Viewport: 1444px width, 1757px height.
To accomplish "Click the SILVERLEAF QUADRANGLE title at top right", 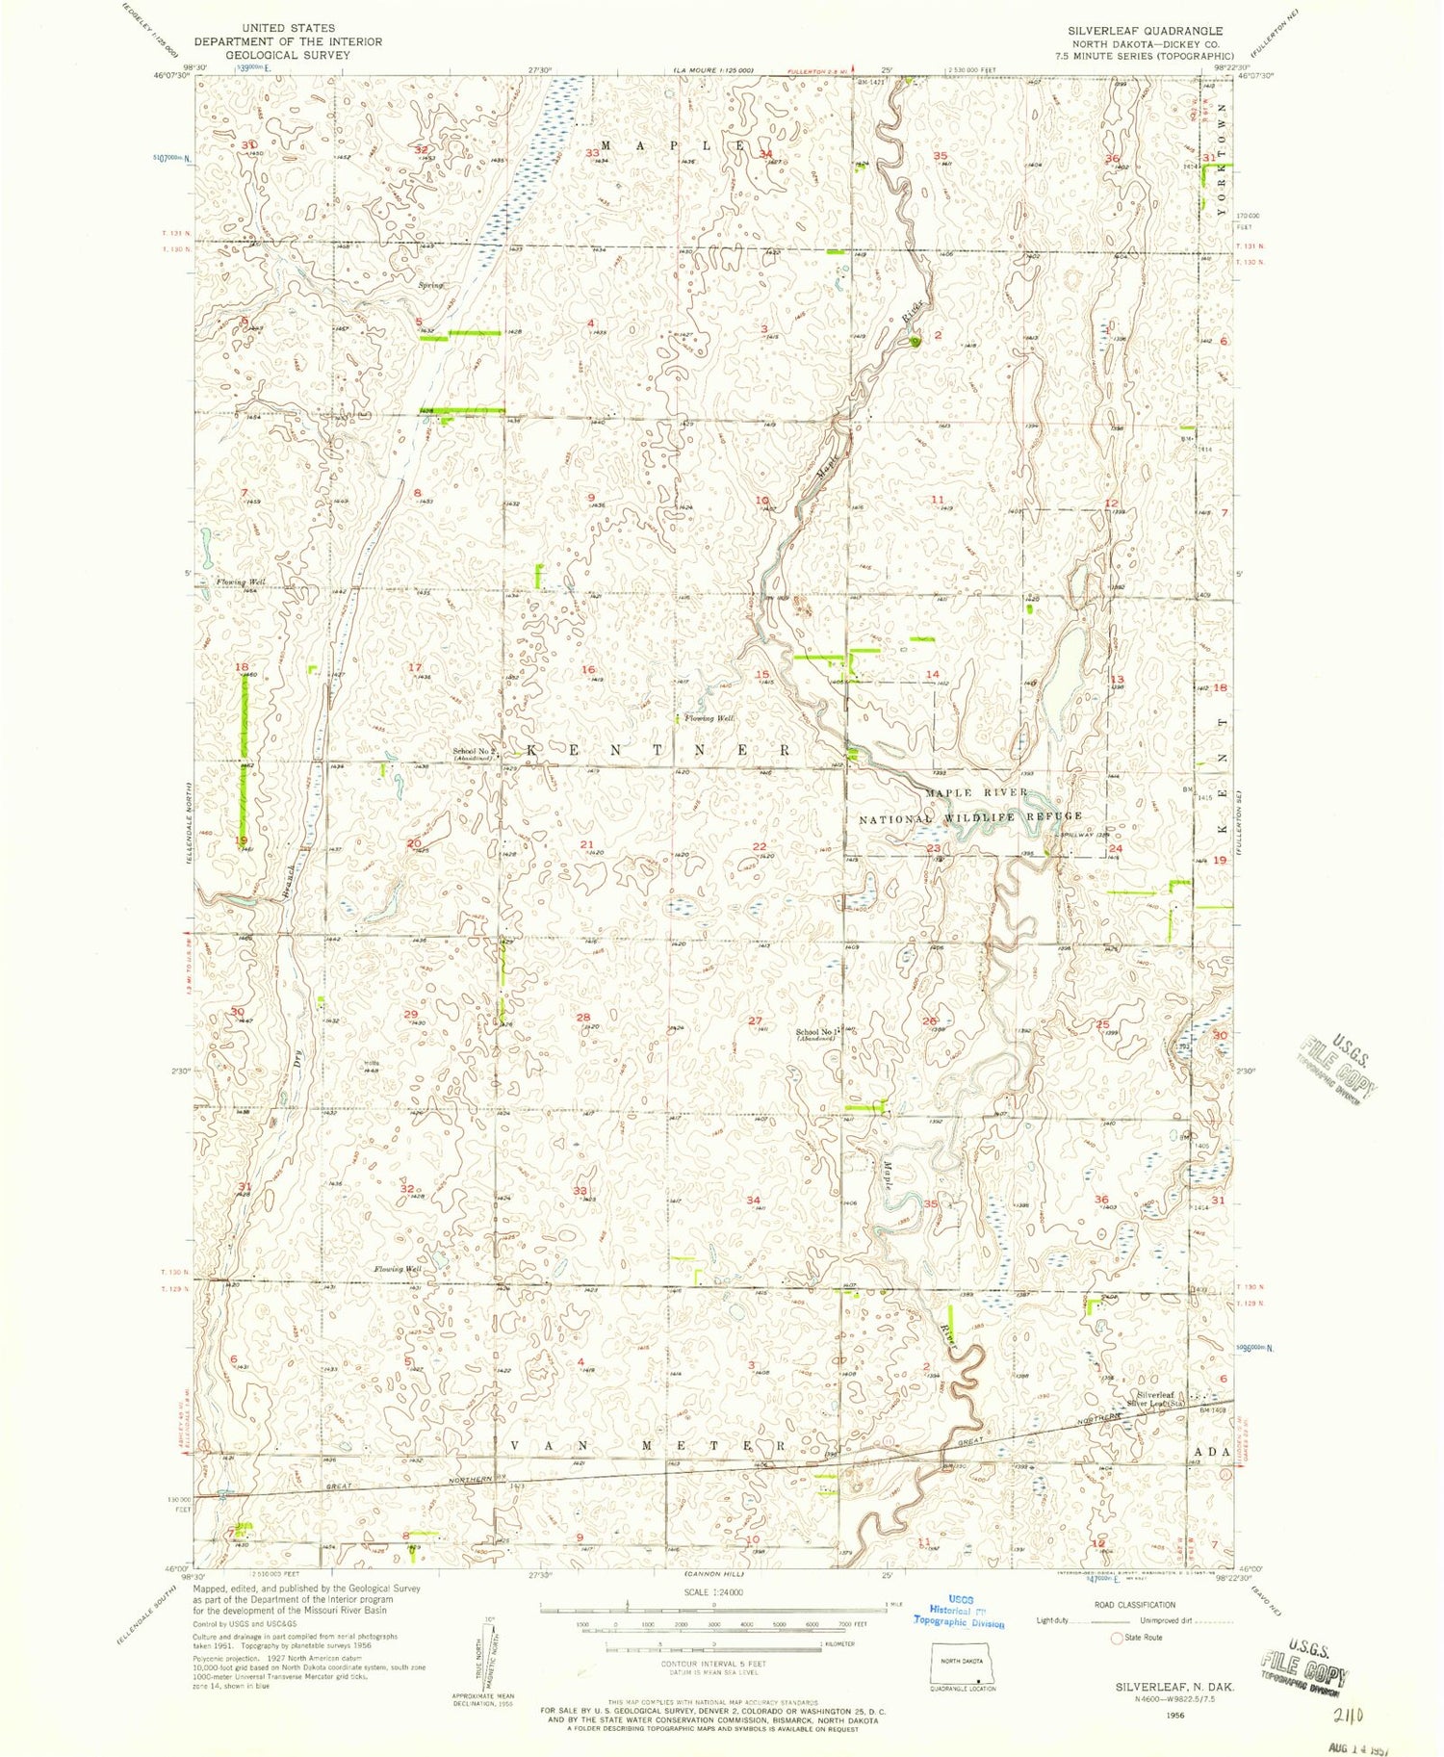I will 1145,31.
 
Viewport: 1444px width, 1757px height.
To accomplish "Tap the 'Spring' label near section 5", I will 430,285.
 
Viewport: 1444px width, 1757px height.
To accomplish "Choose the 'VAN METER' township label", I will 647,1447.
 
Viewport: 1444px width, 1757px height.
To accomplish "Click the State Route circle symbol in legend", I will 1118,1638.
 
